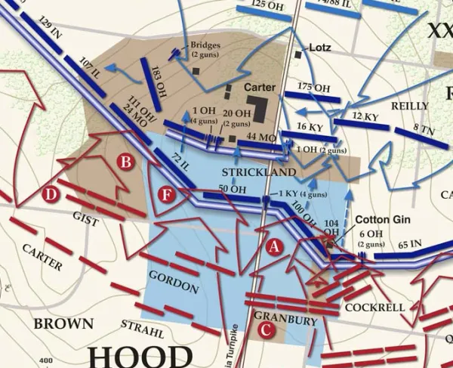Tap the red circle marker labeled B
click(x=127, y=161)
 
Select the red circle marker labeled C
click(x=265, y=329)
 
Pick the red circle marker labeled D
click(x=51, y=196)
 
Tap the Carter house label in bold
click(x=259, y=88)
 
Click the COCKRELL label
click(x=375, y=308)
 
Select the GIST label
click(x=86, y=218)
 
